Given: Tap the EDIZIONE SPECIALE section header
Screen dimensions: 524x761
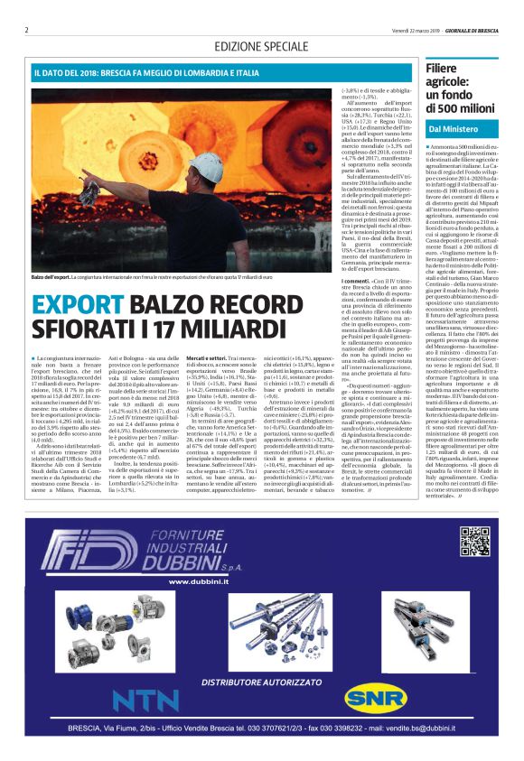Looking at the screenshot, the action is (x=262, y=47).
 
